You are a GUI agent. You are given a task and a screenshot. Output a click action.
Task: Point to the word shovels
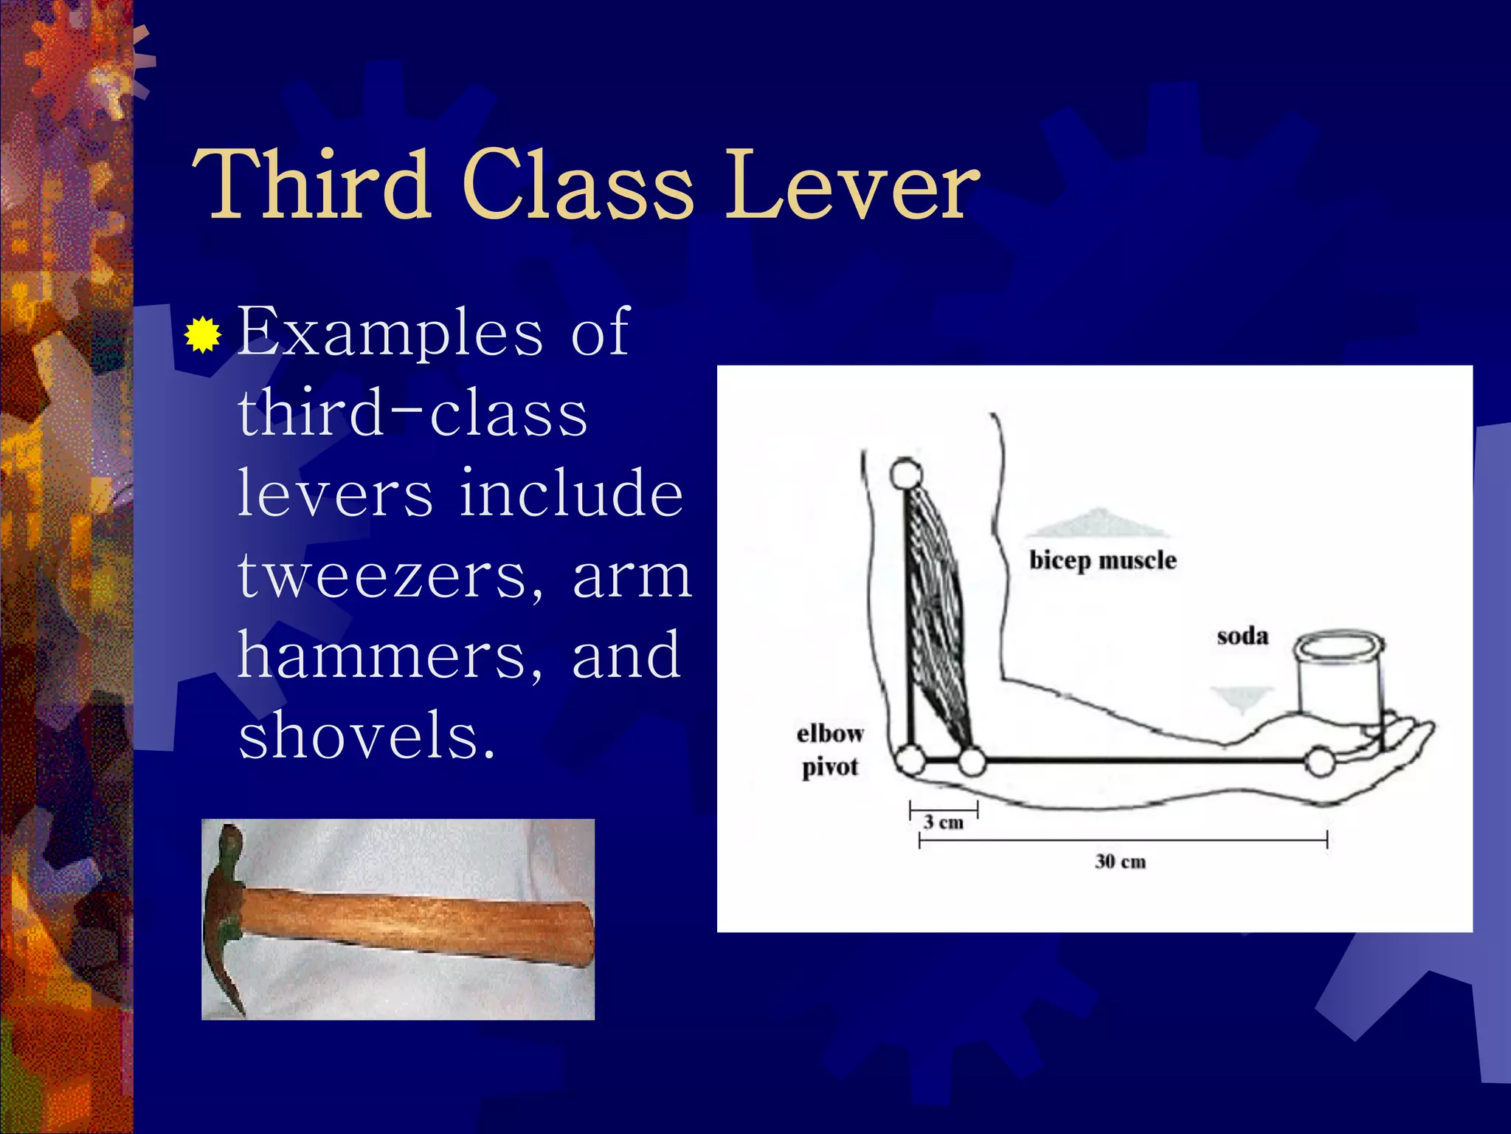(365, 735)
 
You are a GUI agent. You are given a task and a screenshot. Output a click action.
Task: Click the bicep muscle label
(1102, 560)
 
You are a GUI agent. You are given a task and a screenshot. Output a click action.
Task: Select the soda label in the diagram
(1242, 636)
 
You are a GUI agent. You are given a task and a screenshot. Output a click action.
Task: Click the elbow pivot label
(830, 750)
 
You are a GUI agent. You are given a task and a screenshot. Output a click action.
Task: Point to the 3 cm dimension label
(944, 822)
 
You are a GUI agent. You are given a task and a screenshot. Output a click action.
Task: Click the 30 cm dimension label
(1120, 862)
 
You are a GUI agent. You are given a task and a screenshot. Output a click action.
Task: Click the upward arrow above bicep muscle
(1098, 523)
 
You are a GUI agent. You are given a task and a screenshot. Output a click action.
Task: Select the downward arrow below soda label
(1242, 698)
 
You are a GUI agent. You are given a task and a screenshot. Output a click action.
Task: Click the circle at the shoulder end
(905, 473)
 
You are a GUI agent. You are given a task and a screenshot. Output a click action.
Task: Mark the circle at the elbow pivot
(910, 760)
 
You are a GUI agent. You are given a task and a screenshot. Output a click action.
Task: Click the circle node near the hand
(1319, 761)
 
